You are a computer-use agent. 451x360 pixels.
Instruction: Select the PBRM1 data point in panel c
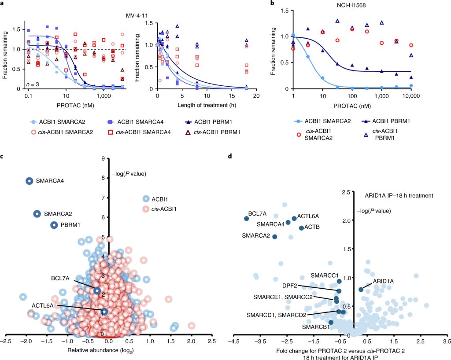(x=54, y=225)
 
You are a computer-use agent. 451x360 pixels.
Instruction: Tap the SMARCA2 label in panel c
(x=58, y=214)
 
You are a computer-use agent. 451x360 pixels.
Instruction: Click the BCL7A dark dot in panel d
(x=247, y=219)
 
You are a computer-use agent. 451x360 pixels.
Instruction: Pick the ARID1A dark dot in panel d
(x=361, y=289)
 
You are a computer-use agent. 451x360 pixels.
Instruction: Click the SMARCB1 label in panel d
(x=314, y=327)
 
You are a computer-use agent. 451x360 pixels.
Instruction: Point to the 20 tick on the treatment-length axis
(x=255, y=95)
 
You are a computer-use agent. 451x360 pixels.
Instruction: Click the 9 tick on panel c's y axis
(x=102, y=159)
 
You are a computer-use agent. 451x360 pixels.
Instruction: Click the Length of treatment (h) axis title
(x=206, y=104)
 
